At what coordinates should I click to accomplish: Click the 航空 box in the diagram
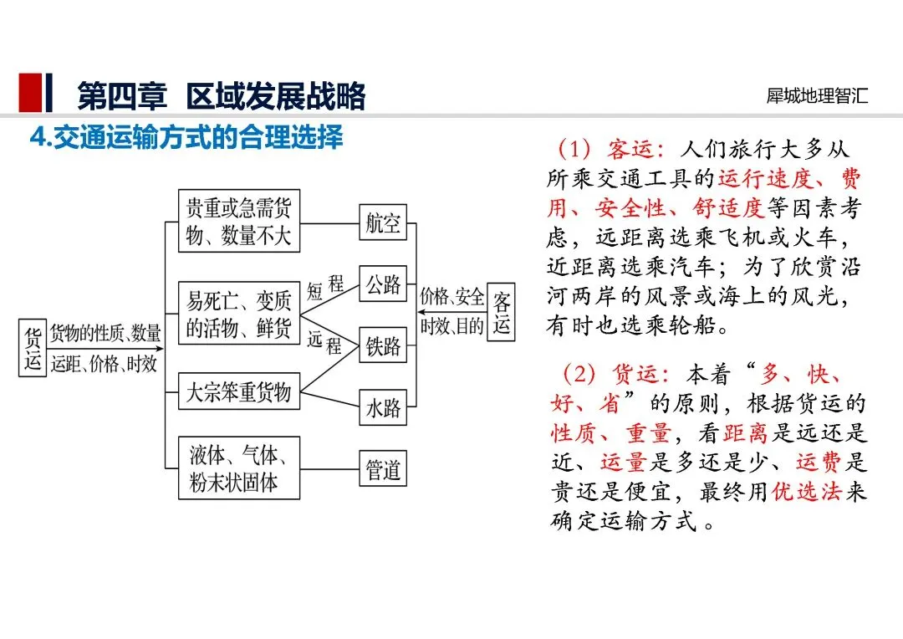pos(383,222)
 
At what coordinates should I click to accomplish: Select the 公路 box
pos(383,284)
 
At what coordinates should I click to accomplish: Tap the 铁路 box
pos(383,345)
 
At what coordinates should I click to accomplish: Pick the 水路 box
pos(383,407)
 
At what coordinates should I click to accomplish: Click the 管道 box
pos(383,468)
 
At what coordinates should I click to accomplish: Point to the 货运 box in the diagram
pos(33,347)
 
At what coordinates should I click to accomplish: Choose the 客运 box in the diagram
pos(501,312)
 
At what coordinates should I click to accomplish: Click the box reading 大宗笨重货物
pos(239,391)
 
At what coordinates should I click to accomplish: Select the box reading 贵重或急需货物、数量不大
pos(239,221)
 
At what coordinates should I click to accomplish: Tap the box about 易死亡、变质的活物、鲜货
pos(239,313)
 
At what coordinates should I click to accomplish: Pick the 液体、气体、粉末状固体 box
pos(239,468)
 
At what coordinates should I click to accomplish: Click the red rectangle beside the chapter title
pos(30,92)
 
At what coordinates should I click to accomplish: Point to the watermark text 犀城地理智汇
pos(817,95)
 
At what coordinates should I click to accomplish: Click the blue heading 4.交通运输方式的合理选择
pos(186,137)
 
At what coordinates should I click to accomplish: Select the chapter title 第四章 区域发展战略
pos(222,95)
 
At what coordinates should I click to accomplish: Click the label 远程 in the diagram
pos(324,342)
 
